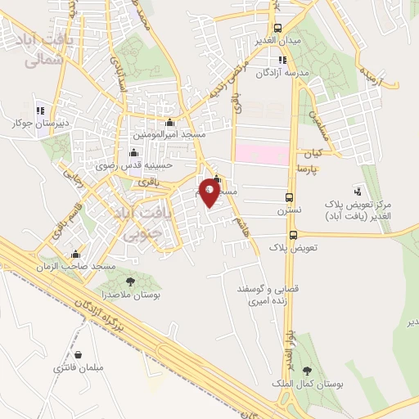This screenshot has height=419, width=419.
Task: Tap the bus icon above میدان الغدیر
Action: (277, 27)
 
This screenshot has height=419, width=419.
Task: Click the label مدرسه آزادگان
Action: (283, 74)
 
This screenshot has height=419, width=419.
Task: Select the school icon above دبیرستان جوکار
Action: (40, 110)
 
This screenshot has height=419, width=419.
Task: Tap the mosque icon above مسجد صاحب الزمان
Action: (75, 254)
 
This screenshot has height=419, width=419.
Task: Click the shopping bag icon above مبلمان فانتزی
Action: (77, 355)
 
